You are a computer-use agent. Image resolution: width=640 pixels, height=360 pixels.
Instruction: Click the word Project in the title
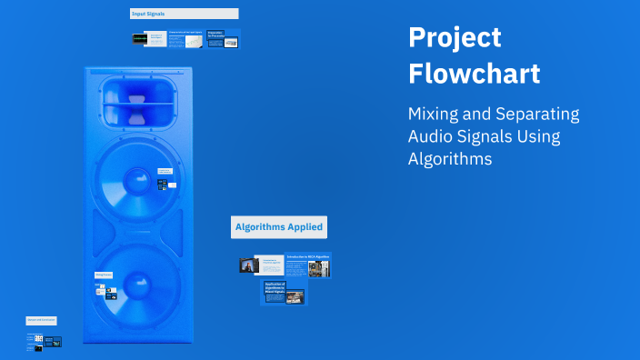455,38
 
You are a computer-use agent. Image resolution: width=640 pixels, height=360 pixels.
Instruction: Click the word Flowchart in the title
474,74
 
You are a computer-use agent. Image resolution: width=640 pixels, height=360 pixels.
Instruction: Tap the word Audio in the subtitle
431,136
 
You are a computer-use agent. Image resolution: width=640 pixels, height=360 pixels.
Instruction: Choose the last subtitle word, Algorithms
450,158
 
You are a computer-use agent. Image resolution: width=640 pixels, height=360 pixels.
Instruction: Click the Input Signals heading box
185,14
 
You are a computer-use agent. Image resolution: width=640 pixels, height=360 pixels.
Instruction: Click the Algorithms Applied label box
278,227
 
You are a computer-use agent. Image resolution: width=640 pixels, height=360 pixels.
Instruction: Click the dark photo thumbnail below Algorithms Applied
247,265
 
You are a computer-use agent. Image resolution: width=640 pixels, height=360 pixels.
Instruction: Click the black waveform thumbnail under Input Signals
139,39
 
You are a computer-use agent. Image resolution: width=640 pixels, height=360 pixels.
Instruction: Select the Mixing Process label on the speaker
103,275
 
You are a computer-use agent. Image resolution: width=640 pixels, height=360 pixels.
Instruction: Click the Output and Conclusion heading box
42,320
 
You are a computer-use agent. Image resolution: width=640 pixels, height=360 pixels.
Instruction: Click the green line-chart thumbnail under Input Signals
193,41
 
